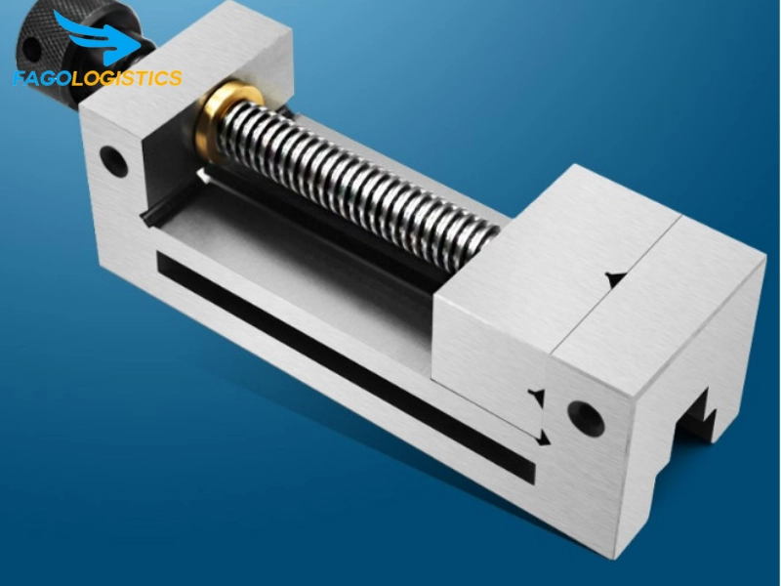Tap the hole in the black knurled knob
point(31,49)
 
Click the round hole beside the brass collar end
point(113,160)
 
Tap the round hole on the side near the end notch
point(586,416)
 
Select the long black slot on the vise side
point(346,368)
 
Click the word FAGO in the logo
point(42,78)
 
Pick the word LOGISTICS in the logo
point(127,78)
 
